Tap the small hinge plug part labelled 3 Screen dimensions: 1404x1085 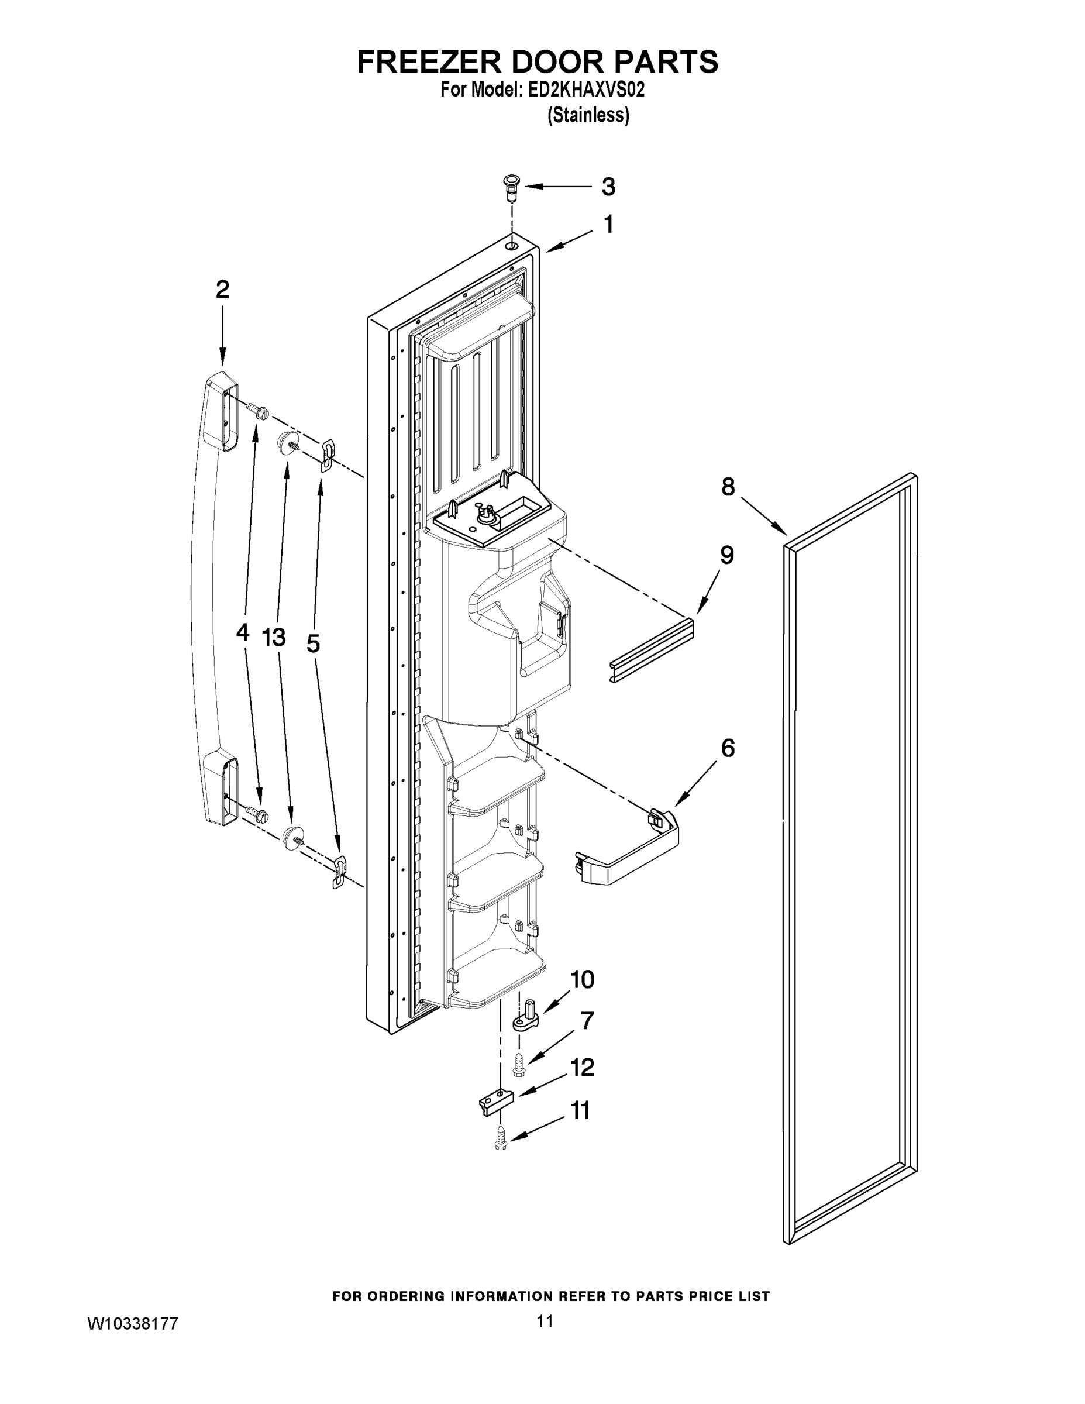coord(511,184)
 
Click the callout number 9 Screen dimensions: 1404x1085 coord(726,555)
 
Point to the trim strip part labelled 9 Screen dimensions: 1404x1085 coord(651,650)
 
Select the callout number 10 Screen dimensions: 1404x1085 coord(583,980)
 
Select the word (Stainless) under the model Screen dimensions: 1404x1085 coord(587,116)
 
